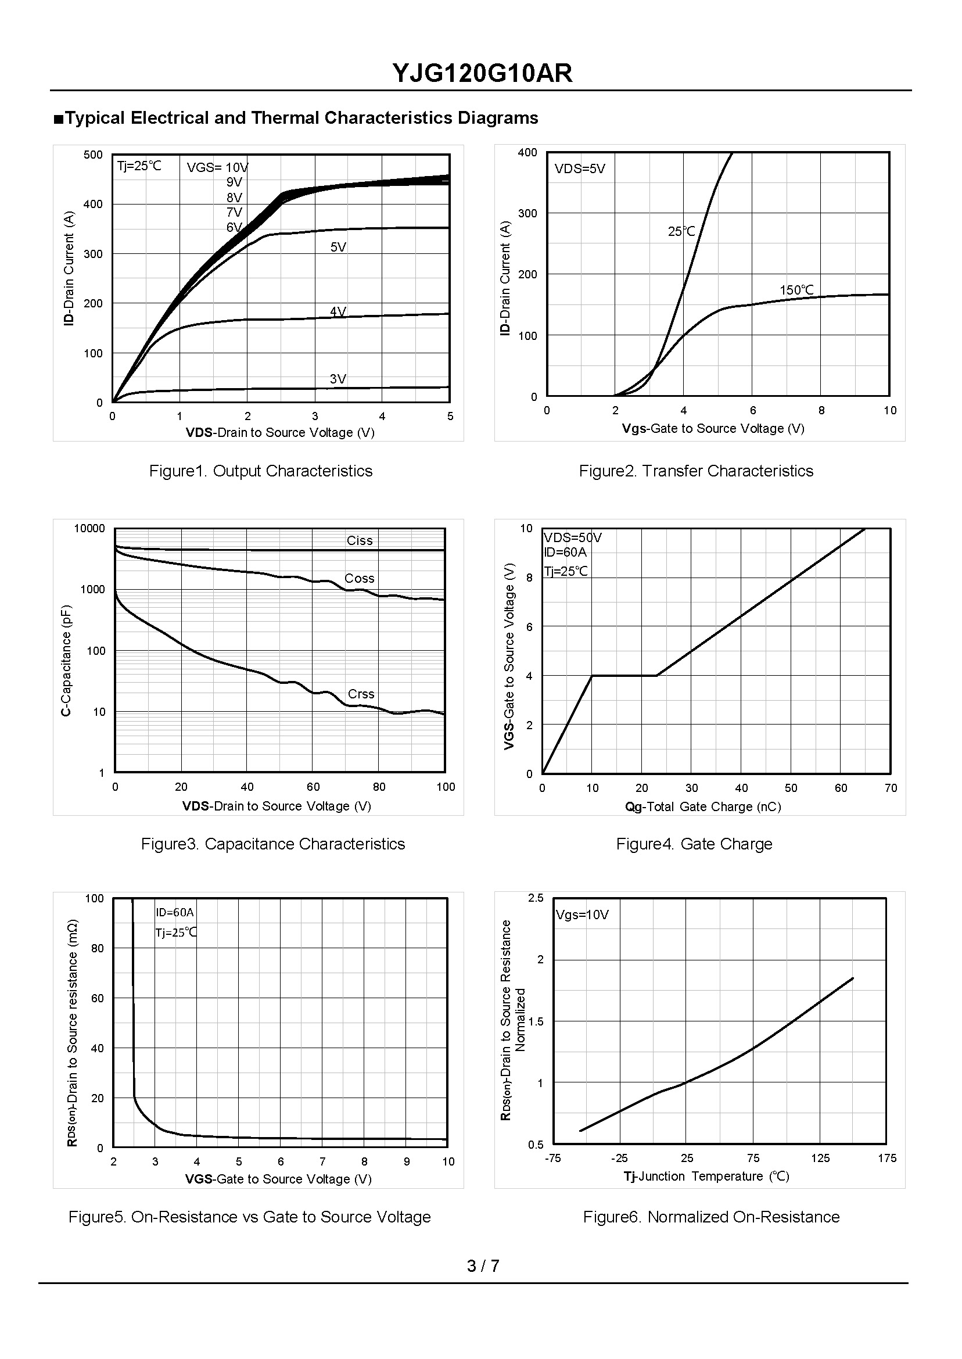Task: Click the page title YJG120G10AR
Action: point(482,73)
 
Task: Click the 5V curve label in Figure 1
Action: point(338,247)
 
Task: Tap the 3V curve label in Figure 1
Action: point(338,379)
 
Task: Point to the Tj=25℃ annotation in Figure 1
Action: point(139,166)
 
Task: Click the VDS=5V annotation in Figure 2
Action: point(580,169)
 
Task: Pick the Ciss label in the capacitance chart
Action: point(360,540)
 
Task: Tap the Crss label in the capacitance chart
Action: point(361,694)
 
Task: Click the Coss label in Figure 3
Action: point(360,578)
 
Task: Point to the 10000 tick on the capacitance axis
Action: point(89,528)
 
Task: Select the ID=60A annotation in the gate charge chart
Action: point(566,552)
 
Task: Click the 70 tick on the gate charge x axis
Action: point(891,788)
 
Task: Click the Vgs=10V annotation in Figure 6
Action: point(582,915)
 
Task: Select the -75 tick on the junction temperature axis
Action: point(552,1158)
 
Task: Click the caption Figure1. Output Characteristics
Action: point(261,471)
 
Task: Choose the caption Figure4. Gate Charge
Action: point(694,844)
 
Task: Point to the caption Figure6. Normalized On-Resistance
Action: point(712,1217)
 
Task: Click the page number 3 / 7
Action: point(483,1266)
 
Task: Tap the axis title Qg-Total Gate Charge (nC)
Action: point(703,806)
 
